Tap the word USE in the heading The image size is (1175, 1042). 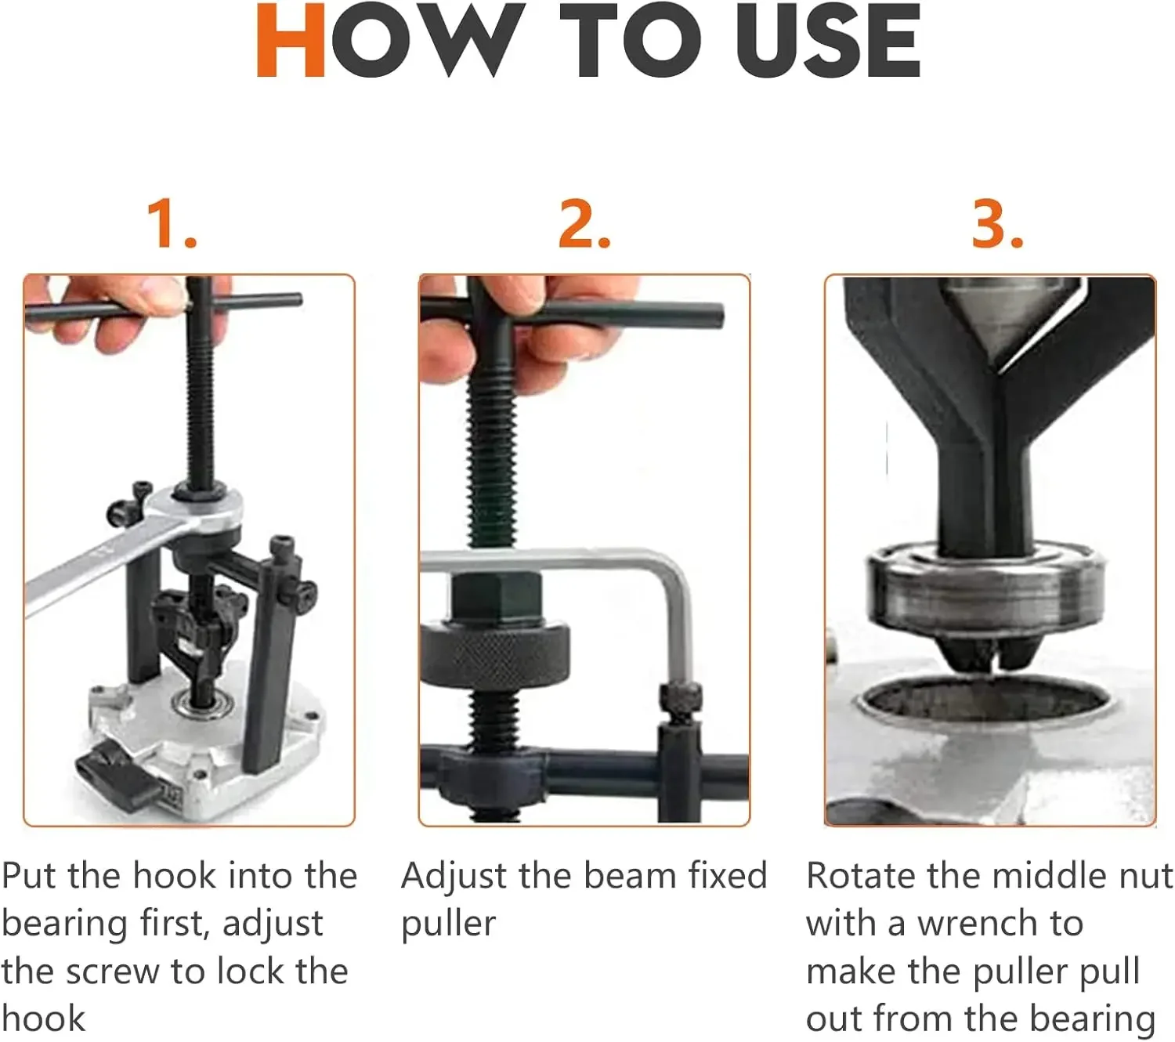click(x=828, y=40)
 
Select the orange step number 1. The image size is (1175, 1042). click(x=172, y=224)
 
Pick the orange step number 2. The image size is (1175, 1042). click(x=584, y=224)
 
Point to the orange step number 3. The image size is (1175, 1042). click(x=997, y=224)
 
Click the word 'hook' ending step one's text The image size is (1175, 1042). click(x=44, y=1018)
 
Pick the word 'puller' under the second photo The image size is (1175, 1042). click(x=448, y=925)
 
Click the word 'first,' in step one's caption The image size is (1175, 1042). click(x=174, y=924)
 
